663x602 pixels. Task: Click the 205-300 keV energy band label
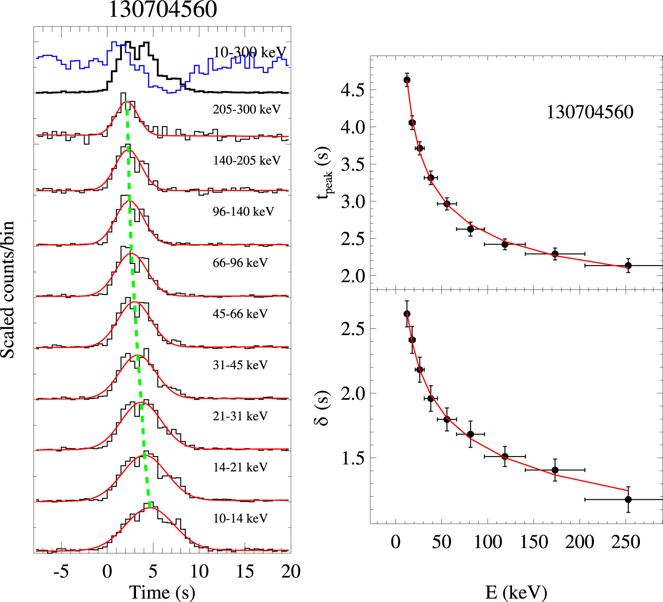pyautogui.click(x=246, y=109)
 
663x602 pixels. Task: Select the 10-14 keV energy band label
pyautogui.click(x=240, y=518)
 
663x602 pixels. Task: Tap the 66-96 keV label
pyautogui.click(x=240, y=263)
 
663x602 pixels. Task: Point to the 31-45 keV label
pyautogui.click(x=240, y=365)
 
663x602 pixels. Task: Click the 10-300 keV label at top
pyautogui.click(x=249, y=52)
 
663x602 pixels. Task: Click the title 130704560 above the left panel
pyautogui.click(x=163, y=9)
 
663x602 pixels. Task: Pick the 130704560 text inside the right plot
pyautogui.click(x=590, y=112)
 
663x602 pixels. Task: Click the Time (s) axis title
pyautogui.click(x=162, y=592)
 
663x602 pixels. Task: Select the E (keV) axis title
pyautogui.click(x=516, y=592)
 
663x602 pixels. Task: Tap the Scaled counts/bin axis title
pyautogui.click(x=8, y=289)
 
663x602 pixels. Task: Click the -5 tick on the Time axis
pyautogui.click(x=61, y=571)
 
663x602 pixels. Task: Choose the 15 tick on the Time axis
pyautogui.click(x=245, y=571)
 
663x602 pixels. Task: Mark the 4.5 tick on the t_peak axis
pyautogui.click(x=352, y=90)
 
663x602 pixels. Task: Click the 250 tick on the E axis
pyautogui.click(x=625, y=542)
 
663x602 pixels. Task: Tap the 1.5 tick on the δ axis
pyautogui.click(x=352, y=458)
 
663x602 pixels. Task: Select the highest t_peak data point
pyautogui.click(x=407, y=80)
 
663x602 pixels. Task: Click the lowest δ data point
pyautogui.click(x=628, y=499)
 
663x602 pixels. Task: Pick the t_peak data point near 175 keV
pyautogui.click(x=555, y=254)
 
